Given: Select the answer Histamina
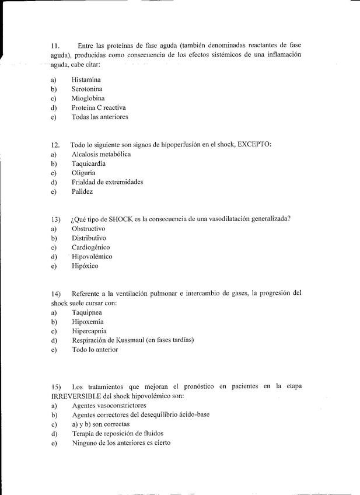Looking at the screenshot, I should coord(86,79).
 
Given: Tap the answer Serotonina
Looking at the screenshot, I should coord(88,89).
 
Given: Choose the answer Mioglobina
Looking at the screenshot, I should coord(88,98).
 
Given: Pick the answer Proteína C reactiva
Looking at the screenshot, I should coord(99,107).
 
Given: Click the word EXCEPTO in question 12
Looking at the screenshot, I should coord(253,144).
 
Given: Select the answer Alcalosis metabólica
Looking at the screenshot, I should coord(101,154).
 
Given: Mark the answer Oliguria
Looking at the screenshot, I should coord(83,173).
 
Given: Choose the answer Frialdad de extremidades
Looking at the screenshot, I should coord(107,182).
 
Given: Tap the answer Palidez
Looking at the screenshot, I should coord(82,191).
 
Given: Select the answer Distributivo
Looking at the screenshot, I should coord(89,238).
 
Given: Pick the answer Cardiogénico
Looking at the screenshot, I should coord(90,247).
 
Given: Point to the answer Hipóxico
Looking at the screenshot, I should coord(85,266).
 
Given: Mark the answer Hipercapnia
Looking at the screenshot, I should coord(89,331).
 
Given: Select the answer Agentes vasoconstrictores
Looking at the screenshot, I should coord(109,405).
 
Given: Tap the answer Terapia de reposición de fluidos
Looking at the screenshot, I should coord(117,433).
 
